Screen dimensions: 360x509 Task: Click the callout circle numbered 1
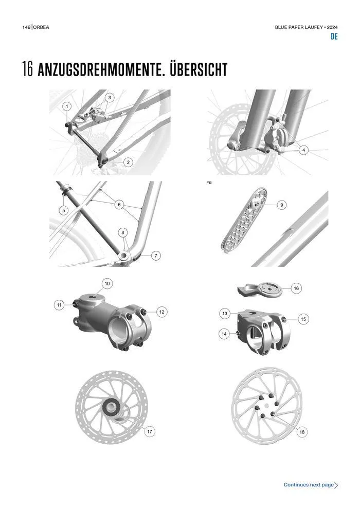pos(67,106)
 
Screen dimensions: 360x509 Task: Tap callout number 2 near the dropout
pos(128,162)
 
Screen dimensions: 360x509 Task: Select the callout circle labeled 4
pos(303,150)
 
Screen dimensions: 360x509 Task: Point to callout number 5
pos(64,210)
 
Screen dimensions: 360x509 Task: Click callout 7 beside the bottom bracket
pos(156,256)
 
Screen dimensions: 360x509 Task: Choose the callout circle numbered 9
pos(281,205)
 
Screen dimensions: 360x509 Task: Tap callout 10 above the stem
pos(107,283)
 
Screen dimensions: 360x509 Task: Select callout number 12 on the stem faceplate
pos(161,312)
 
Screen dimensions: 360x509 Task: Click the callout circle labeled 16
pos(296,288)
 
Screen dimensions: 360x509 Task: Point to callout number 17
pos(150,431)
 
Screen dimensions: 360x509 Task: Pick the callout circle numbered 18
pos(302,432)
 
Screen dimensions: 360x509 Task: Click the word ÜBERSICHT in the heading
pos(199,69)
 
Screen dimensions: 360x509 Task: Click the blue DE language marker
pos(334,37)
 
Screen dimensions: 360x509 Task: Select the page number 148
pos(26,27)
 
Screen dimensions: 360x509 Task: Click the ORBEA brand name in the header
pos(41,27)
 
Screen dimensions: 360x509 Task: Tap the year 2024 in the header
pos(332,27)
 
